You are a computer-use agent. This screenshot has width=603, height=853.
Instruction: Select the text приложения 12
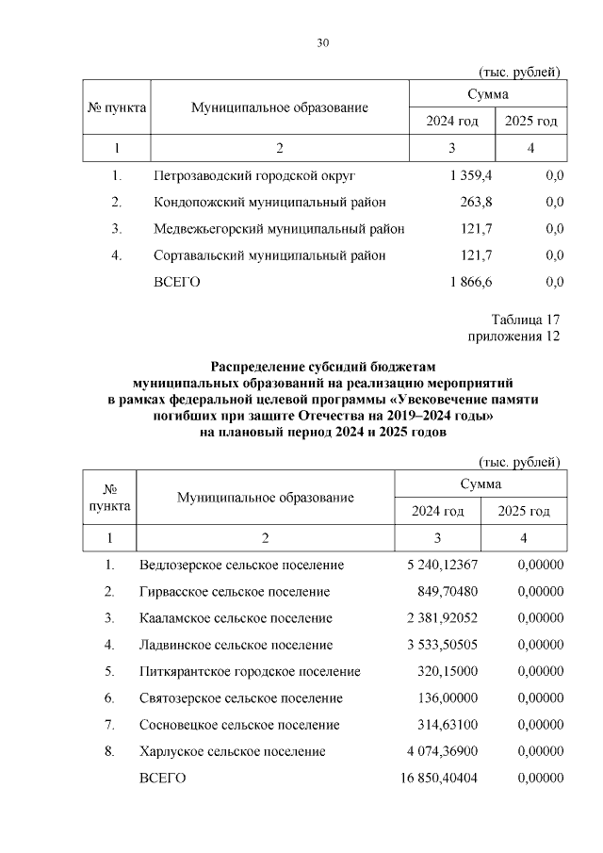click(514, 336)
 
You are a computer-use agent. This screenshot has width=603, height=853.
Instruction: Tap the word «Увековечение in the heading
click(437, 400)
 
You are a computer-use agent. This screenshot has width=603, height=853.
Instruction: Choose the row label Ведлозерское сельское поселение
click(241, 565)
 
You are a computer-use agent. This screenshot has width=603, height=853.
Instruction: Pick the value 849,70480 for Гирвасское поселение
click(448, 592)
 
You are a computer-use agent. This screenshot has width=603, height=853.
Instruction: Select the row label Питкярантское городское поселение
click(250, 671)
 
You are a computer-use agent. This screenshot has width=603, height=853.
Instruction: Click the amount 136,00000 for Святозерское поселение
click(448, 698)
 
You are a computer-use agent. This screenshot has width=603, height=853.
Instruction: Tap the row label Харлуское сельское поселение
click(232, 751)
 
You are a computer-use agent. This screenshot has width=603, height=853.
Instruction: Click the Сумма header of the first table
click(488, 94)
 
